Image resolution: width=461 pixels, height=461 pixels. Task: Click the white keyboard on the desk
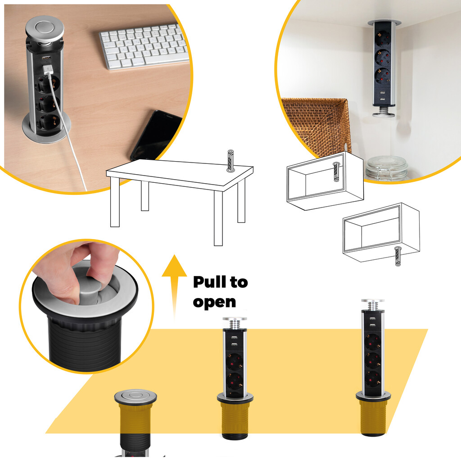(x=143, y=46)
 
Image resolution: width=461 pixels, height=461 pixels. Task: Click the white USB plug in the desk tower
(x=48, y=71)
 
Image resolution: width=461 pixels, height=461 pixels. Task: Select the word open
(x=214, y=302)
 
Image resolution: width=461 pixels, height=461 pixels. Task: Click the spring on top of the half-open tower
(x=235, y=323)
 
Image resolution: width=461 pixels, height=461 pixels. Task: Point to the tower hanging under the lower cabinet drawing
(x=397, y=256)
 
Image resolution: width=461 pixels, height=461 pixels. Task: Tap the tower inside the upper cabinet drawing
(x=335, y=172)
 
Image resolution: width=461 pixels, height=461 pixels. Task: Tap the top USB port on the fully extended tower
(x=373, y=317)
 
